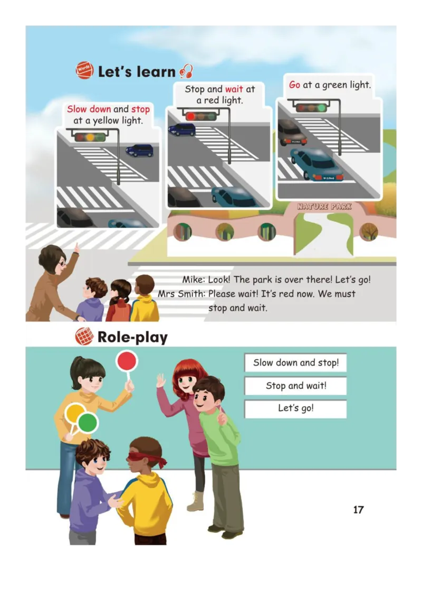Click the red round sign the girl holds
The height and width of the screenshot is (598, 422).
[127, 361]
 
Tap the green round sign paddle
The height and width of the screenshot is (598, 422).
[88, 423]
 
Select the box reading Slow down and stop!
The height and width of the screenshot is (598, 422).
[295, 363]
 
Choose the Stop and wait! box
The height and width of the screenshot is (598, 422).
[295, 386]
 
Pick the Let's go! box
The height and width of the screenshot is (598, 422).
[295, 408]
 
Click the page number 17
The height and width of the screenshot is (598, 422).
[358, 510]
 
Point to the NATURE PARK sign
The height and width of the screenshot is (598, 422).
[324, 207]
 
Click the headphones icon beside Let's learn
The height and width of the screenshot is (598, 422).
[186, 71]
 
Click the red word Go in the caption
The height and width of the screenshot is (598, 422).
[294, 85]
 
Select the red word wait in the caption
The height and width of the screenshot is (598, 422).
[234, 89]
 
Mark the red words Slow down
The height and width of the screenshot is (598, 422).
[89, 109]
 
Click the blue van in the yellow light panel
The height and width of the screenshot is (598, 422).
[139, 151]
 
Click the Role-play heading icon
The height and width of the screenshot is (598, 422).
[84, 337]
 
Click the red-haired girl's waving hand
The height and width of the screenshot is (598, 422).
[161, 380]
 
